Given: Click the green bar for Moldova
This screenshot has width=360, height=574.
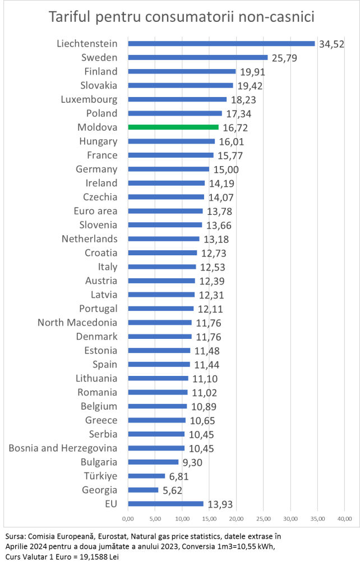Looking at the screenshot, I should (x=173, y=127).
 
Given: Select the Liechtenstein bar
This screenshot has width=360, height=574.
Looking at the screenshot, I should (x=221, y=43).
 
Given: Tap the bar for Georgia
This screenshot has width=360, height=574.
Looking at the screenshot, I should (x=143, y=490).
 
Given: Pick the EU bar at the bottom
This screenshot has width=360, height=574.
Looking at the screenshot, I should (x=165, y=504).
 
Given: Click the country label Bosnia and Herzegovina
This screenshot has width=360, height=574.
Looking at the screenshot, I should (x=63, y=448).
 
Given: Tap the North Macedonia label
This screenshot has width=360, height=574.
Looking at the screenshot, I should (x=77, y=323).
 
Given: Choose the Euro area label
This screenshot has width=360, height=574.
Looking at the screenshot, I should (x=95, y=211).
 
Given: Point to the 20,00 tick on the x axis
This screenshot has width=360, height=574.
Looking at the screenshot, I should (x=236, y=517).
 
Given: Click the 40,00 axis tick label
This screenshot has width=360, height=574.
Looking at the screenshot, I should (x=344, y=517).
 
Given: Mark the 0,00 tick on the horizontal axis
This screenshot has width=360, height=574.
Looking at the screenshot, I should (x=128, y=517).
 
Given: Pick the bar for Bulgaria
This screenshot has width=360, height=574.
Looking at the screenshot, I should (x=153, y=462).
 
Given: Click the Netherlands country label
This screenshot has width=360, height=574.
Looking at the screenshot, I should (x=90, y=239).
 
